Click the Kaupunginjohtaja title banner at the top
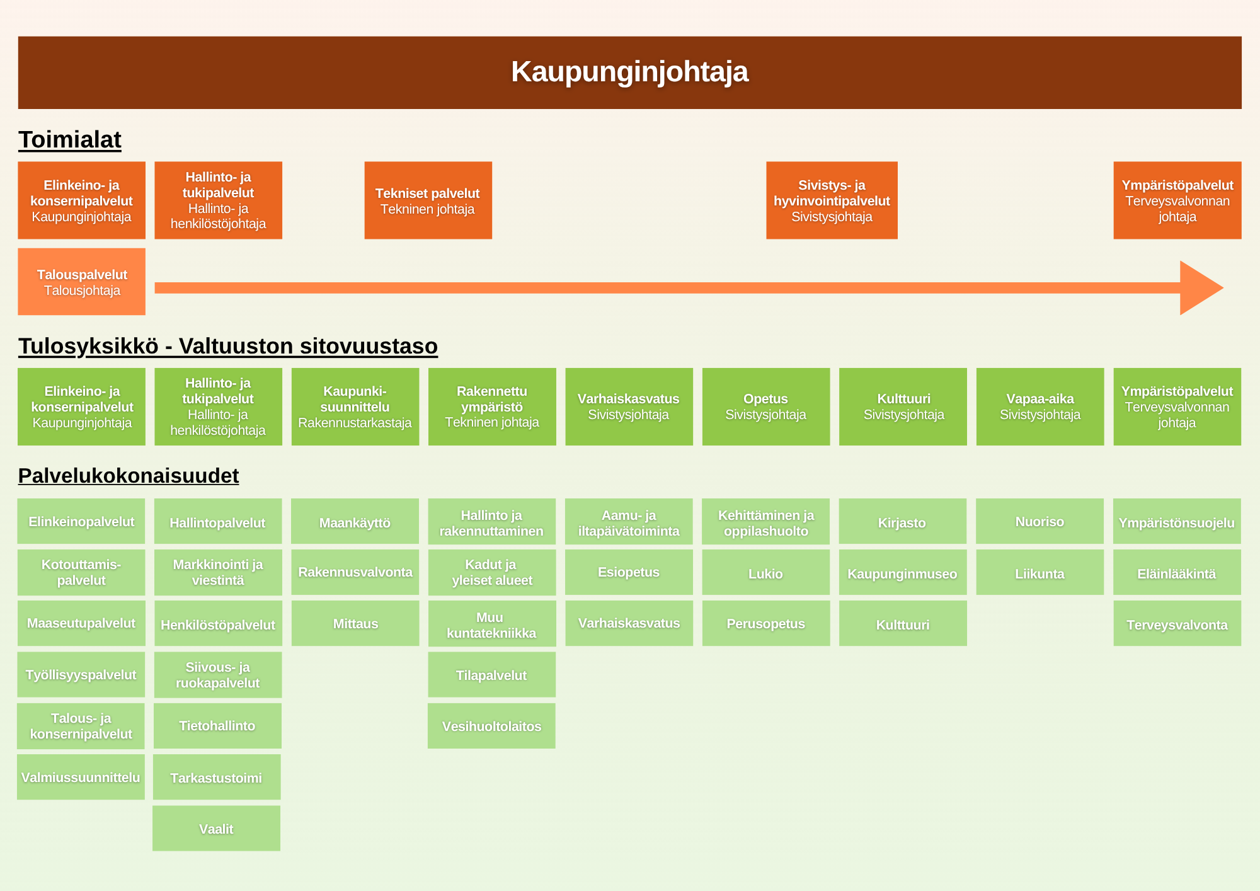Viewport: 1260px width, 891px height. pos(629,72)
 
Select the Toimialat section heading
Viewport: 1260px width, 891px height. pos(70,140)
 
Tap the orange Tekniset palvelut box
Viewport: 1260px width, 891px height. pos(428,200)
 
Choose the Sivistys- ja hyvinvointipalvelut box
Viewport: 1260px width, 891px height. pos(832,200)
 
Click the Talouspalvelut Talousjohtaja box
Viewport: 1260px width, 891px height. pos(81,282)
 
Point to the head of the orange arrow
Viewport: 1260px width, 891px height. pos(1200,288)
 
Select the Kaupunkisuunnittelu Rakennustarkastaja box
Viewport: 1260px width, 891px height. pos(355,407)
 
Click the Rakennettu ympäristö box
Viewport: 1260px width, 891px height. pos(492,407)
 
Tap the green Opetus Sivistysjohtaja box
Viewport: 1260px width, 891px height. pos(766,407)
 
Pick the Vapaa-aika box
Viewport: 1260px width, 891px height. pos(1040,407)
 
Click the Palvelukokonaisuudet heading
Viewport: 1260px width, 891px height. pos(129,476)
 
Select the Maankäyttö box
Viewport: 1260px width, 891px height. pos(355,522)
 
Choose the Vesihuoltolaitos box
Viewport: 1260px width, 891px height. pos(491,726)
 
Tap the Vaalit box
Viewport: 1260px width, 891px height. pos(216,829)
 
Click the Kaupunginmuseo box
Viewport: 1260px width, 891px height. pos(903,573)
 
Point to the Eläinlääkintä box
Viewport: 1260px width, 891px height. pos(1177,573)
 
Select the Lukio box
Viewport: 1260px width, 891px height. pos(766,573)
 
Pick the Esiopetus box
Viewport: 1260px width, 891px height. pos(629,572)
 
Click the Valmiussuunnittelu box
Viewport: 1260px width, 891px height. pos(81,777)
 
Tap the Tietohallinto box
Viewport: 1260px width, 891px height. pos(217,726)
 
